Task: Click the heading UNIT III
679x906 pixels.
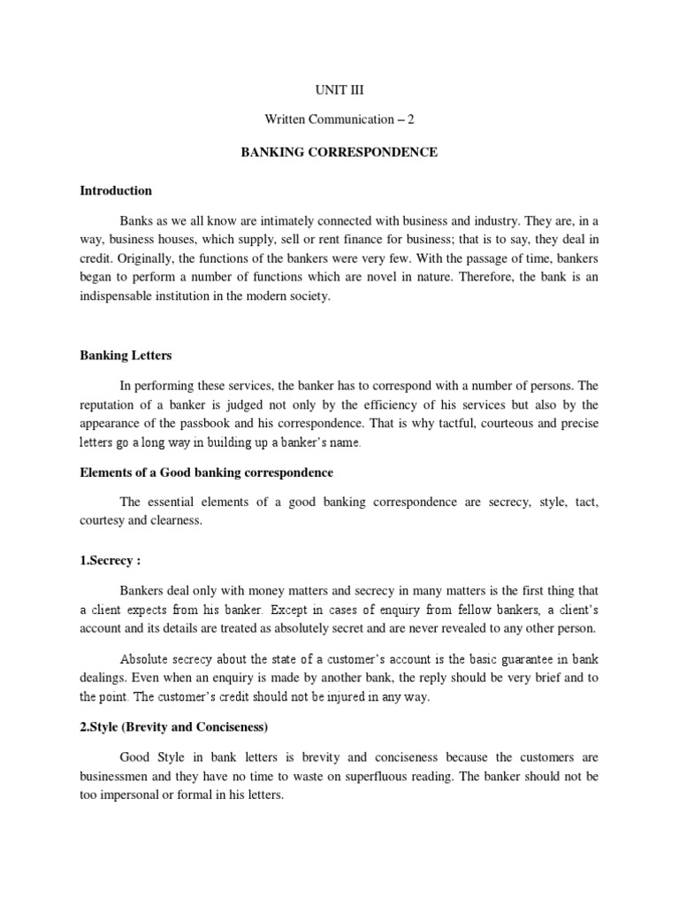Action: (x=339, y=91)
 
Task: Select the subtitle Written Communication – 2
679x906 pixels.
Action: (x=339, y=122)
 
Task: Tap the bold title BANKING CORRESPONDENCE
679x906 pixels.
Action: (x=339, y=152)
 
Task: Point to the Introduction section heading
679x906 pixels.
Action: (x=116, y=190)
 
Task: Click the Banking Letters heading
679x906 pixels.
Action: (x=126, y=355)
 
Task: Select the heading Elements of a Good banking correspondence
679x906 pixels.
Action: (x=206, y=473)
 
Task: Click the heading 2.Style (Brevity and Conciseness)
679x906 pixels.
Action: (x=174, y=726)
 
